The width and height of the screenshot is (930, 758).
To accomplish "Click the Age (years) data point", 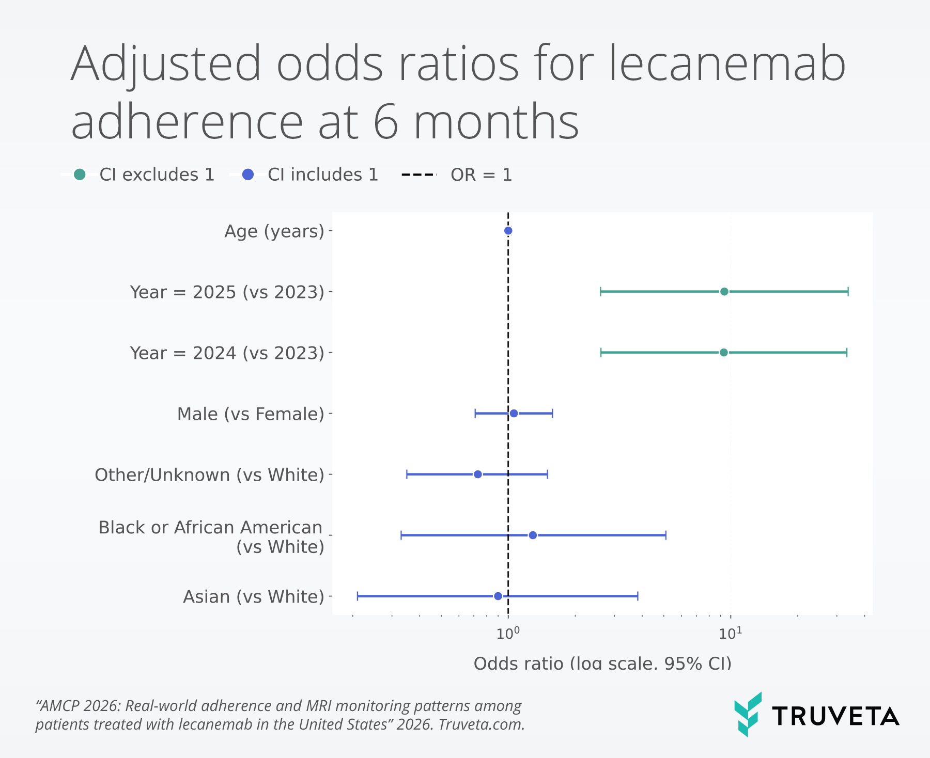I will point(508,231).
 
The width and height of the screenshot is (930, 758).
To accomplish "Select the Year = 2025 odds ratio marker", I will point(724,292).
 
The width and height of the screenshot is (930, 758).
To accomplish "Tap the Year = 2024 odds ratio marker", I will point(723,353).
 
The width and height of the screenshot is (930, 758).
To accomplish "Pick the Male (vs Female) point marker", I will point(514,414).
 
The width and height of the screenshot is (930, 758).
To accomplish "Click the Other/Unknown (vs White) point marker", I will point(477,475).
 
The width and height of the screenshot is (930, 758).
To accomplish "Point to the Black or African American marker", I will point(533,535).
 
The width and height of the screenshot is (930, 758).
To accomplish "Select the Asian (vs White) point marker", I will point(498,596).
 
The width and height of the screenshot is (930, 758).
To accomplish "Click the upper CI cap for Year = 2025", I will point(848,292).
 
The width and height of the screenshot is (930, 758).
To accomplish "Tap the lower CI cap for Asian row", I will point(358,596).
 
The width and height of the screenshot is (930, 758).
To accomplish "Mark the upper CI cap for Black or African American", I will point(665,535).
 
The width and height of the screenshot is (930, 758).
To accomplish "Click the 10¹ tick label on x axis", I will point(730,634).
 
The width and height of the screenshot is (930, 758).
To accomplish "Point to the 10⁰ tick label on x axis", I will point(508,634).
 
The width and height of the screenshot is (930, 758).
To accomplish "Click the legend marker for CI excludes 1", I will point(80,175).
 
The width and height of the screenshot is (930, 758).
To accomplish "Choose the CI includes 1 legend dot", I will point(248,175).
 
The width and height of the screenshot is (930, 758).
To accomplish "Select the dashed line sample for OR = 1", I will point(419,175).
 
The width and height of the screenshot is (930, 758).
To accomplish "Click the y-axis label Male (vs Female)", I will point(251,414).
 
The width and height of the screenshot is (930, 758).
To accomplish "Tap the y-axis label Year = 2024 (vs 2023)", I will point(227,353).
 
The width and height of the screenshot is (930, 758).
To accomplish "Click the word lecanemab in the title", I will point(727,64).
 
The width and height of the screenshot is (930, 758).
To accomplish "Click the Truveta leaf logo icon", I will point(748,714).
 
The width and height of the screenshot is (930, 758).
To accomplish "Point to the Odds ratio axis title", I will point(602,663).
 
